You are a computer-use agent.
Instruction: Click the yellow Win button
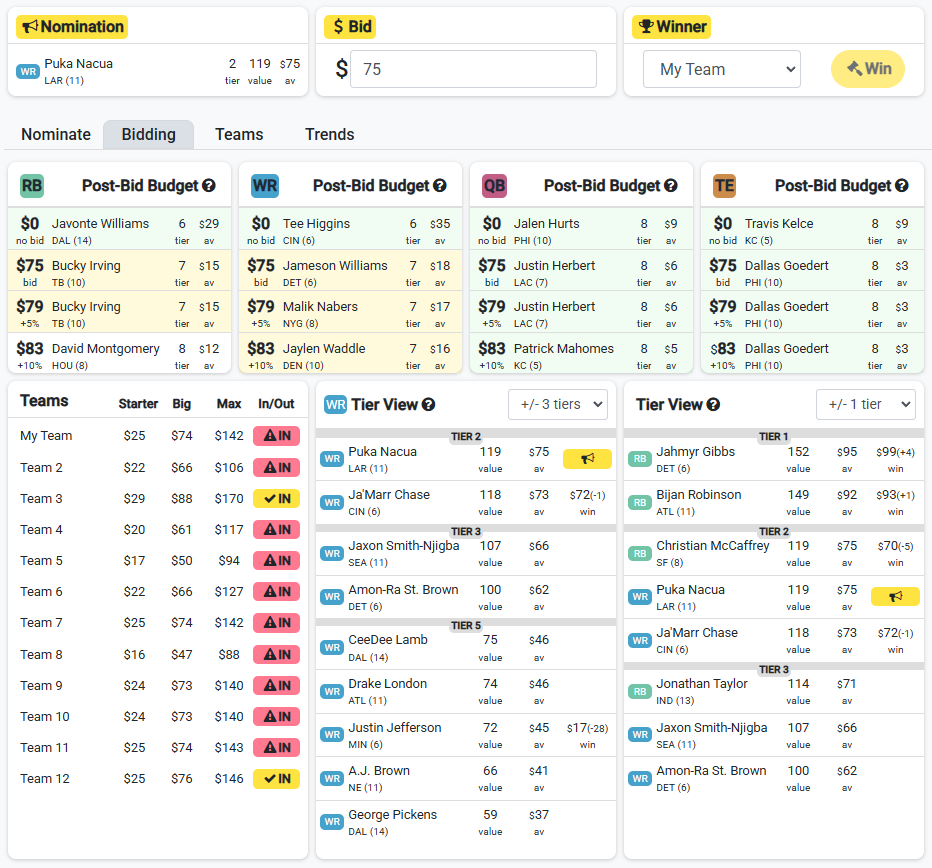(868, 69)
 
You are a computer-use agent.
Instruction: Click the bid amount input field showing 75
(473, 69)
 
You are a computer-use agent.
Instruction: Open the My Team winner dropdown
(722, 69)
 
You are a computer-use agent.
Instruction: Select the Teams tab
(239, 134)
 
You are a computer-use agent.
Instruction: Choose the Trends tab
(329, 134)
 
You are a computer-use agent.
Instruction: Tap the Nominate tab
(56, 134)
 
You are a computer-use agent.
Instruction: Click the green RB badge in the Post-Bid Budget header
(32, 185)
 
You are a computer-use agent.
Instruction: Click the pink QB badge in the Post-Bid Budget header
(494, 185)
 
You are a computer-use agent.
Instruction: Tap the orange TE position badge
(725, 185)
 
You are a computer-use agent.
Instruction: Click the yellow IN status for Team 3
(276, 498)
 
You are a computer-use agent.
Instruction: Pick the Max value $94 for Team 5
(229, 561)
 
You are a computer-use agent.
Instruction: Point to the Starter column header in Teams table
(138, 404)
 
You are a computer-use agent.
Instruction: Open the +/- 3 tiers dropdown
(558, 404)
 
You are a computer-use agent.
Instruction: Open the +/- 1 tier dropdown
(865, 404)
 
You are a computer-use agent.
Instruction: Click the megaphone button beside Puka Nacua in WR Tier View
(587, 458)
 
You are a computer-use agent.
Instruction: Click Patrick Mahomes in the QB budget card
(563, 348)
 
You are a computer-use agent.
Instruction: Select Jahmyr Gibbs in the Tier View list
(695, 452)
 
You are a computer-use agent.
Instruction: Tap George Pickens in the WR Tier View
(392, 814)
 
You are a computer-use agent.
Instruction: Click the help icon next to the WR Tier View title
(429, 405)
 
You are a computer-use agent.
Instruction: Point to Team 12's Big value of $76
(181, 778)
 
